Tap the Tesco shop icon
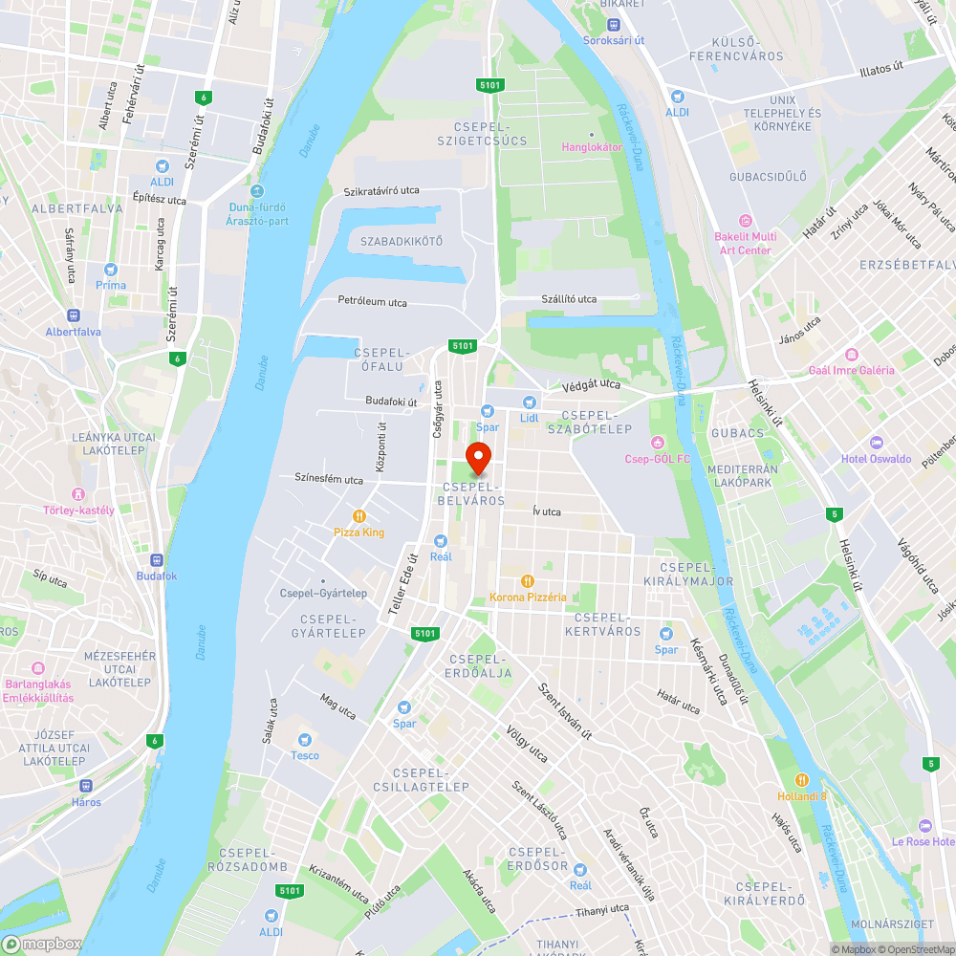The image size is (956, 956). [x=305, y=740]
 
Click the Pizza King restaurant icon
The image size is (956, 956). [x=359, y=516]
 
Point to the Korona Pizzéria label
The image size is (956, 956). [x=528, y=597]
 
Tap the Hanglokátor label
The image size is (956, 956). [x=592, y=147]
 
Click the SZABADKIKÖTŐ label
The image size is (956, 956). [x=402, y=241]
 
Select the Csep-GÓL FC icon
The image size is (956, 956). [x=657, y=443]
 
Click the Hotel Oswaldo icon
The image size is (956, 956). [x=877, y=443]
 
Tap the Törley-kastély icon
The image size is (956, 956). [x=78, y=494]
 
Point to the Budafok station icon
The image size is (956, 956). [x=157, y=560]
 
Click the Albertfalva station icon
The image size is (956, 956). [x=73, y=316]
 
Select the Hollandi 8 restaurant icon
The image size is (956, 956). [x=802, y=779]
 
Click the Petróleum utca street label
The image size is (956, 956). [x=372, y=302]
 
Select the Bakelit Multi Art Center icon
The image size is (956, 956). [x=746, y=221]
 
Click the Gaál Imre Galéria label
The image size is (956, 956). [x=852, y=370]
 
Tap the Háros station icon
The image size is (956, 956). [x=86, y=786]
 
